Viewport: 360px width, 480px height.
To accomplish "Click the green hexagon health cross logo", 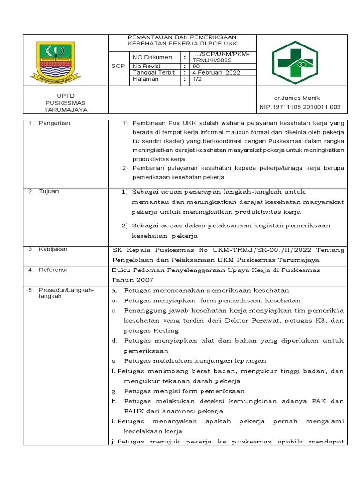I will click(302, 61).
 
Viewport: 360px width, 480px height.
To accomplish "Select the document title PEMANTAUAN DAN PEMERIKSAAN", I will click(182, 37).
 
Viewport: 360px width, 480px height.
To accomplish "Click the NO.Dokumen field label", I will click(146, 57).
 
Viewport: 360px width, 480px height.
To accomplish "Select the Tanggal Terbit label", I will click(154, 73).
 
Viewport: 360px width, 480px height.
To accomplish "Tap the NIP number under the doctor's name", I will click(300, 107).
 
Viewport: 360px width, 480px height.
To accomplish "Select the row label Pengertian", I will click(54, 123).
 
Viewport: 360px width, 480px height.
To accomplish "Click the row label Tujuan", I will click(49, 191).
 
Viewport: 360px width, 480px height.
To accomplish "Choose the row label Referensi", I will click(53, 270).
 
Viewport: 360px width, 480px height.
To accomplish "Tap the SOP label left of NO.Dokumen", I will click(118, 66).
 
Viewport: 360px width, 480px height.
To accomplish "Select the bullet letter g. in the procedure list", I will click(114, 391).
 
